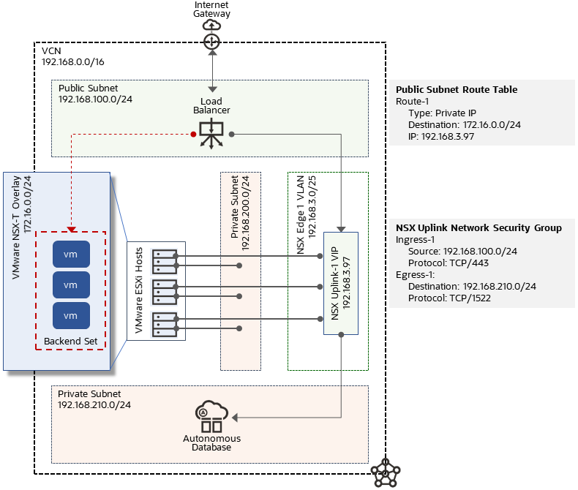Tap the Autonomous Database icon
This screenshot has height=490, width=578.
pos(211,417)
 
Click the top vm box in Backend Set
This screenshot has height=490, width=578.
pos(71,254)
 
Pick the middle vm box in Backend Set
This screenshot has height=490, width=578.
pos(71,284)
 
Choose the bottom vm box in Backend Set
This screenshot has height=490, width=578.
pos(71,315)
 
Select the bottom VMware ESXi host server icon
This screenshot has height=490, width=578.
pos(163,323)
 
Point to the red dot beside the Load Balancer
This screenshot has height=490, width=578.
pos(193,134)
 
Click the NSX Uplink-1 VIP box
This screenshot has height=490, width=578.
pos(340,283)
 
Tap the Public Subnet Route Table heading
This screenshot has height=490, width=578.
pos(456,90)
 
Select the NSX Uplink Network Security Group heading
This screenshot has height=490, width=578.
pos(478,228)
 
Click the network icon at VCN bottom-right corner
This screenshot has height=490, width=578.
pos(384,473)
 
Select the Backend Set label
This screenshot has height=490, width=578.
pos(71,342)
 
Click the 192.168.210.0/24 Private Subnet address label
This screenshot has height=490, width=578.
pos(94,405)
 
